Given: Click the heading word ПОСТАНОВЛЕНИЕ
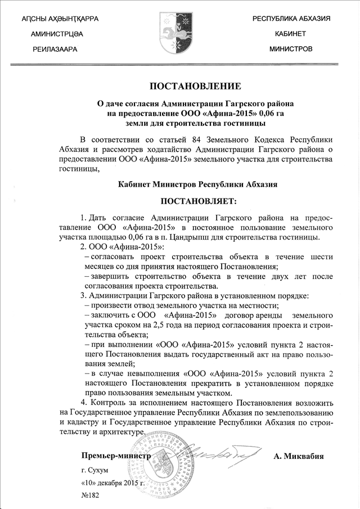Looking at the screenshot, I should [x=195, y=86].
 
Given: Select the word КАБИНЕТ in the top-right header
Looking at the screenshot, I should [x=290, y=34].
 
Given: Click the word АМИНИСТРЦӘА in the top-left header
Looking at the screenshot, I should [x=57, y=34].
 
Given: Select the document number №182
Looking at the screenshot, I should [x=91, y=496].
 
